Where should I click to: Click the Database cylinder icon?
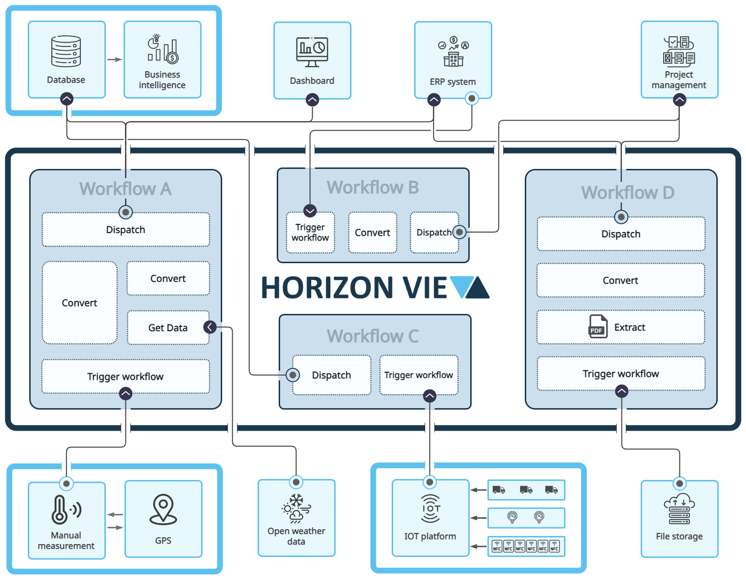click(x=66, y=51)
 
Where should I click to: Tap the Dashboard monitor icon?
click(x=312, y=52)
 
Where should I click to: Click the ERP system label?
click(x=452, y=82)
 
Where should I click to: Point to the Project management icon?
click(x=679, y=51)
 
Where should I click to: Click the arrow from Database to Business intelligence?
click(x=114, y=60)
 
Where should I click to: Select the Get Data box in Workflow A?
click(x=168, y=328)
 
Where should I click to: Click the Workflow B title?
click(x=373, y=188)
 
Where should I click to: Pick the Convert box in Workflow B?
click(x=373, y=233)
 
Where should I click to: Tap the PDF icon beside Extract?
click(x=598, y=327)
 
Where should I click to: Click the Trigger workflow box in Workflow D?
click(x=621, y=374)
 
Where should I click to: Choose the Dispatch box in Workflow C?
click(x=331, y=375)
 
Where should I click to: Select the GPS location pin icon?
click(x=163, y=509)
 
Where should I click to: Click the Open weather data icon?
click(x=296, y=509)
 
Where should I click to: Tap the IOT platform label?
click(x=430, y=536)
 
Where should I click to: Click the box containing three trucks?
click(x=526, y=490)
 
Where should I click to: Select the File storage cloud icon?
click(x=679, y=510)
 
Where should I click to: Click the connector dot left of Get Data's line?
click(x=210, y=327)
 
